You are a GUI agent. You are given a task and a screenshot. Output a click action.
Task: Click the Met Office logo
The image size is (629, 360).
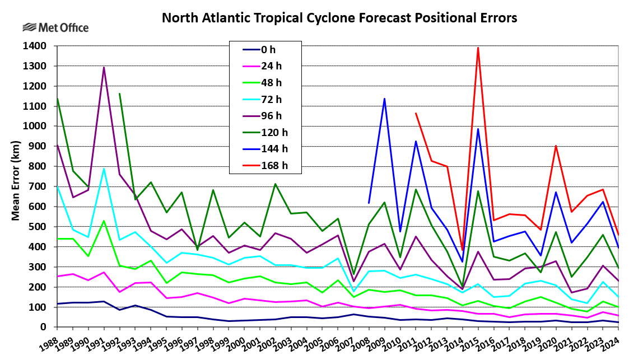point(55,27)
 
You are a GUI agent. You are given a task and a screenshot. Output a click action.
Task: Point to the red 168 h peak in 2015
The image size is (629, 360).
point(478,48)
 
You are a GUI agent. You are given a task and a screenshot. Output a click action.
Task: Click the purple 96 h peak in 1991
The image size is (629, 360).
point(104,68)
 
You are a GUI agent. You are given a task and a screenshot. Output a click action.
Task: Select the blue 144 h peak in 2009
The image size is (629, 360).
point(384,99)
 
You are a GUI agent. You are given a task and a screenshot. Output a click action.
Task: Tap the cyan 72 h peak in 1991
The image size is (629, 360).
point(104,169)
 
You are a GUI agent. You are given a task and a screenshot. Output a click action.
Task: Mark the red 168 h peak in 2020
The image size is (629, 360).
point(556,146)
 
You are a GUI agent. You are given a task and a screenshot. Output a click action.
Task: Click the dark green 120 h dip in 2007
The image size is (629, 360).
point(353,275)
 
